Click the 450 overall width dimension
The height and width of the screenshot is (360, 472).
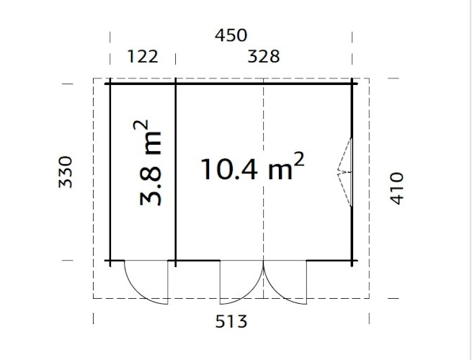click(231, 35)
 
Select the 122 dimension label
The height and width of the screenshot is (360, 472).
click(142, 56)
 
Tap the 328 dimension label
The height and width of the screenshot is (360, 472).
click(264, 56)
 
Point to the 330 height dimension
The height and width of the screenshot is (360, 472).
click(66, 171)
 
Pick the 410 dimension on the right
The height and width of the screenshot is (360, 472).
click(397, 188)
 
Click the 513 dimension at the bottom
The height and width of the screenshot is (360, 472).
click(231, 321)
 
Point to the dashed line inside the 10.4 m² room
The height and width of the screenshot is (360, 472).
click(264, 216)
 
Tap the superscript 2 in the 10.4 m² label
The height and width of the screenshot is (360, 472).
click(299, 158)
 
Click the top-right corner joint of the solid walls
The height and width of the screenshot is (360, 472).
click(352, 84)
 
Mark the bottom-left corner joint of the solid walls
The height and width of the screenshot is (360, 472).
click(110, 260)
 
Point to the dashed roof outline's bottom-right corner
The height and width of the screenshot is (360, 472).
click(368, 298)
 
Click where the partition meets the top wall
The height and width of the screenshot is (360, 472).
click(176, 84)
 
